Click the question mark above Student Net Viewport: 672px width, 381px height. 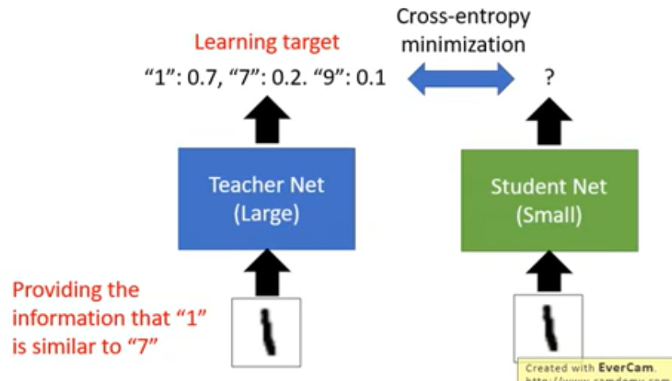(548, 78)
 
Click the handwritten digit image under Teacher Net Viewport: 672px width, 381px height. (266, 331)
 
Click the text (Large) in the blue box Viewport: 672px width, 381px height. (266, 215)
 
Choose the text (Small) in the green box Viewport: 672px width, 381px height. (548, 215)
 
